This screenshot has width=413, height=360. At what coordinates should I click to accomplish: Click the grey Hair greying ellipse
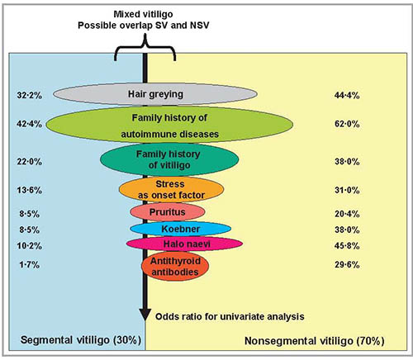[155, 94]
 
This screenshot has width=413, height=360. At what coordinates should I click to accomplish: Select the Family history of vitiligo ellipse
[169, 159]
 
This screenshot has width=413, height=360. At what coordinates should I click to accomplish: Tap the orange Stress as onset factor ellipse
[171, 189]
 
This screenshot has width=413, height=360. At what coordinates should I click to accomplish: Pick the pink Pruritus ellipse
[168, 212]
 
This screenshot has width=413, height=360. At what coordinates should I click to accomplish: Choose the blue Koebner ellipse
[181, 229]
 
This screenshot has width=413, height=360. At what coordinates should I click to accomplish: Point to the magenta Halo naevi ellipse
[184, 244]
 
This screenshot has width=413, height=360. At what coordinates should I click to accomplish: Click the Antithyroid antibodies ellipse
[175, 266]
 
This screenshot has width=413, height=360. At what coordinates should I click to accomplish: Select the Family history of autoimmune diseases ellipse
[169, 125]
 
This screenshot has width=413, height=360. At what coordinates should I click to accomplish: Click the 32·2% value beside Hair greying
[30, 95]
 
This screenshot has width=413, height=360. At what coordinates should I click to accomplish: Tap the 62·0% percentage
[347, 124]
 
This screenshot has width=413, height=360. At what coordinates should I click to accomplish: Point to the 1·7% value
[30, 265]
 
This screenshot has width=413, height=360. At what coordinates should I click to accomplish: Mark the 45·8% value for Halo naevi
[347, 245]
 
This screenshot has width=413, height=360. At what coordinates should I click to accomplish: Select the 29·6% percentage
[347, 265]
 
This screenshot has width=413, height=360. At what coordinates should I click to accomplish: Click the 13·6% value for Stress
[30, 190]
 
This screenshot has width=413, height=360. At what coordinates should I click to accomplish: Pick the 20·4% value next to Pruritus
[347, 214]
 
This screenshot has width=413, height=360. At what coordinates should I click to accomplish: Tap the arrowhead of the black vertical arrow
[145, 315]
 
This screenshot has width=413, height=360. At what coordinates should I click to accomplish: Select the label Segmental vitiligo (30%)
[81, 340]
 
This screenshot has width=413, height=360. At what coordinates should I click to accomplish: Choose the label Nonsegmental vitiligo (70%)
[315, 341]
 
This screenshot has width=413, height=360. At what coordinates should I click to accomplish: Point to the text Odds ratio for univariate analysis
[230, 316]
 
